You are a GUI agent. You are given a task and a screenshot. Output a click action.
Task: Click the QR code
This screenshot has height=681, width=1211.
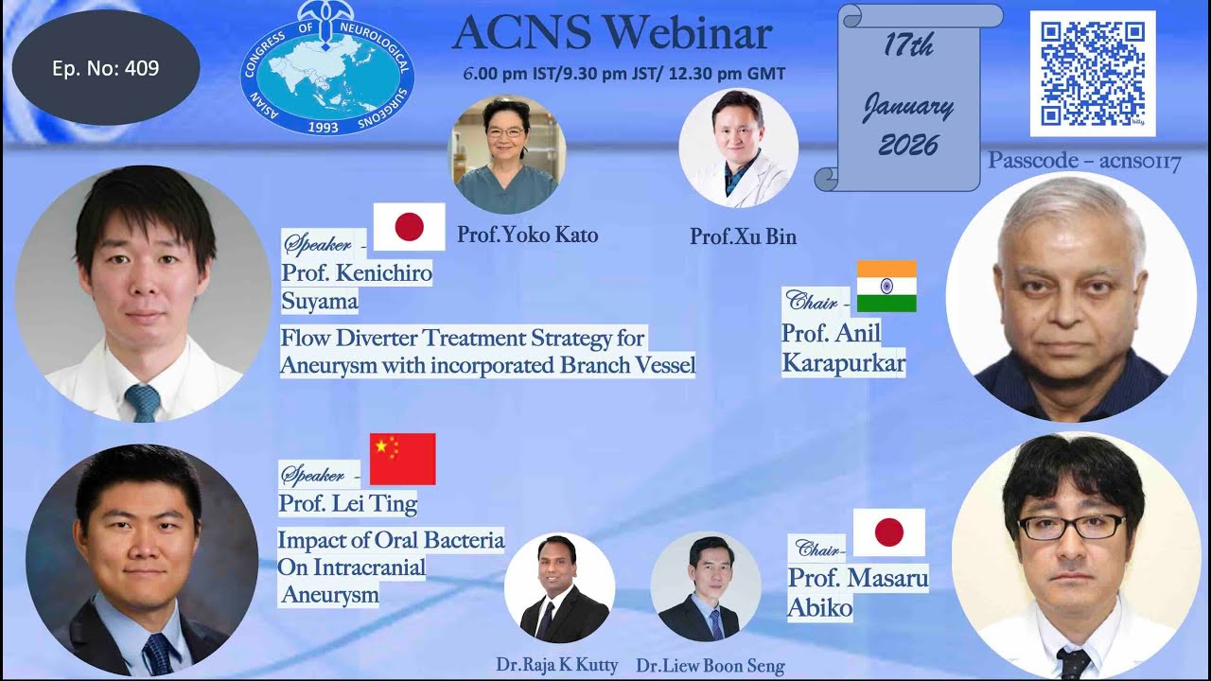click(1092, 73)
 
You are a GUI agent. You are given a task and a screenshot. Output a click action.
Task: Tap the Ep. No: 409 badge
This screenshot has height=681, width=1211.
click(105, 68)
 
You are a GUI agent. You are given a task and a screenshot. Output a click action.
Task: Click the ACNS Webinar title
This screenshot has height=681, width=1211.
click(612, 34)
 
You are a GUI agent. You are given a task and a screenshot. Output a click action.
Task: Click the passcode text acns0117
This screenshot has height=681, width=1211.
click(1084, 162)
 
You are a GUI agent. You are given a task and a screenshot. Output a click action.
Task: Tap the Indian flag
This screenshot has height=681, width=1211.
click(886, 286)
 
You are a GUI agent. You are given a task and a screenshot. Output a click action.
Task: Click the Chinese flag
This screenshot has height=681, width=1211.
click(402, 459)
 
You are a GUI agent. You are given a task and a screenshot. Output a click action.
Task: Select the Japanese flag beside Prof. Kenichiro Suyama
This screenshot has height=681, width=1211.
click(409, 227)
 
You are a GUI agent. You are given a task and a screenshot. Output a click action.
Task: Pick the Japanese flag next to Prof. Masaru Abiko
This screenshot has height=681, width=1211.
click(888, 533)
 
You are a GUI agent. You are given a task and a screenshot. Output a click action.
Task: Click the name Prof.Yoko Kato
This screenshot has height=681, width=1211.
click(527, 235)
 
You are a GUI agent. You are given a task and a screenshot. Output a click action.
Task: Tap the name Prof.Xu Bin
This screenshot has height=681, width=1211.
click(743, 236)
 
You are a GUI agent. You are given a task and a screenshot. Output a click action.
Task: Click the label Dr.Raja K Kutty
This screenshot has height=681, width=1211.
click(557, 665)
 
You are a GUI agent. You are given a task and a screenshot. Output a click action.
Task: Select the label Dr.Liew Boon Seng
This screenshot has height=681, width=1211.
click(711, 666)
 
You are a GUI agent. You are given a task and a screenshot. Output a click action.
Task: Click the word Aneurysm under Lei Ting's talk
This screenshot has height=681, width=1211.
click(329, 595)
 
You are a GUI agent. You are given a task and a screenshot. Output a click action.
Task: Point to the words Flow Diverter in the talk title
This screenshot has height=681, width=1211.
click(350, 338)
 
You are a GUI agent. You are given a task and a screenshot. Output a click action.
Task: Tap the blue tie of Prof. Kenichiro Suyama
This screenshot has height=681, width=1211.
click(144, 402)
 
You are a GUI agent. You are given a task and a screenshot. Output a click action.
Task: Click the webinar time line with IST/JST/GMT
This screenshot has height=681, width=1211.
click(624, 74)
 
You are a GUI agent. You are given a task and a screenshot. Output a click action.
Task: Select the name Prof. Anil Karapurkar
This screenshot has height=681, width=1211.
click(841, 347)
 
